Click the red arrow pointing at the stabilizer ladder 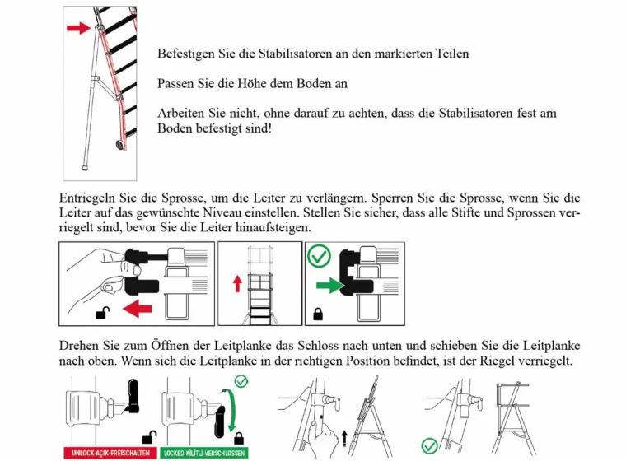pyautogui.click(x=78, y=28)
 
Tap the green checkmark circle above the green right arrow pyautogui.click(x=319, y=257)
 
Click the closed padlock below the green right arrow pyautogui.click(x=318, y=314)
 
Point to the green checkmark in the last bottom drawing pyautogui.click(x=428, y=445)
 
